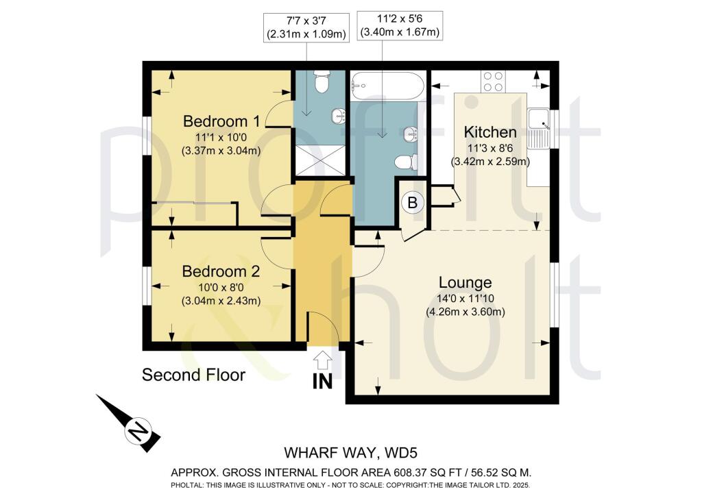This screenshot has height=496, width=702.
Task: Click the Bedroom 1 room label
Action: click(x=221, y=122)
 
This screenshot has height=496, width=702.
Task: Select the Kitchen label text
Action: click(x=490, y=132)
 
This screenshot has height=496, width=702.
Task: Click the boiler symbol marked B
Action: click(x=413, y=202)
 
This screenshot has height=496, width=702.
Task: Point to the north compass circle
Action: click(x=138, y=433)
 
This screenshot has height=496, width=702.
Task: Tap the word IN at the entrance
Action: click(x=323, y=382)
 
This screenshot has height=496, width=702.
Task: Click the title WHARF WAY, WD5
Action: click(x=350, y=453)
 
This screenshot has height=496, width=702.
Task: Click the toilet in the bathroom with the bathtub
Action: click(x=407, y=162)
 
